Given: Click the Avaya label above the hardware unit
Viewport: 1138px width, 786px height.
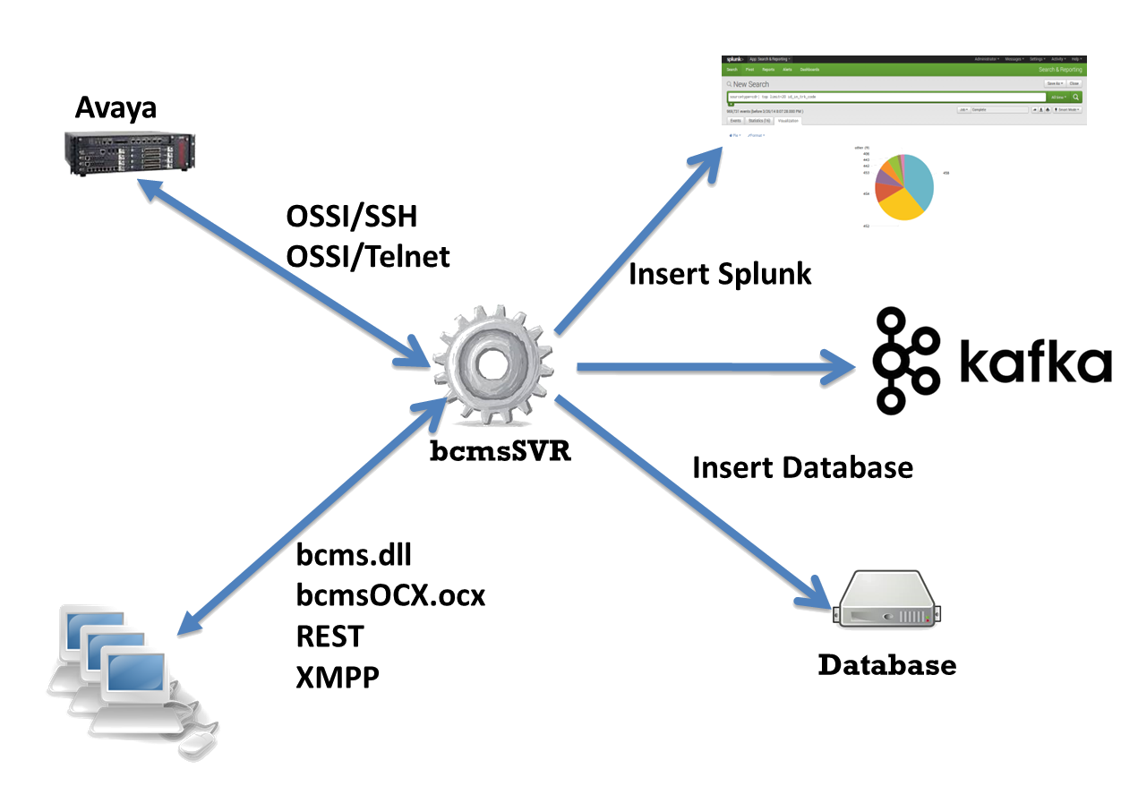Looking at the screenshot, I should click(116, 107).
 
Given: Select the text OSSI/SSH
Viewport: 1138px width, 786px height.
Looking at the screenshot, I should click(352, 217).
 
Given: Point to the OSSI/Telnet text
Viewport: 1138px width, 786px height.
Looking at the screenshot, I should click(368, 257).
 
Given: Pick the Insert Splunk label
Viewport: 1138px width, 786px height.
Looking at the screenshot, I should click(720, 273).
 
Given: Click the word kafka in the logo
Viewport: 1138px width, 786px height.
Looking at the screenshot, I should click(1034, 363).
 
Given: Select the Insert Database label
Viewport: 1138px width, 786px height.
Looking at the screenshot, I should click(803, 466).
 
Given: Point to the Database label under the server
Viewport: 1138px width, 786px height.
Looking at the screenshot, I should click(887, 665).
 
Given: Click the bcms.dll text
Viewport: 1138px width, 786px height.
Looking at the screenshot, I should click(354, 555).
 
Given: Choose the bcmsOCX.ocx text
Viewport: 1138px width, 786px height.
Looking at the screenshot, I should click(390, 595).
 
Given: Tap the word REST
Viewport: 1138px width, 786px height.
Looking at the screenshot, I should click(329, 636).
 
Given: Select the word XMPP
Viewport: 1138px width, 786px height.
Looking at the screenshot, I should click(338, 677).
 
